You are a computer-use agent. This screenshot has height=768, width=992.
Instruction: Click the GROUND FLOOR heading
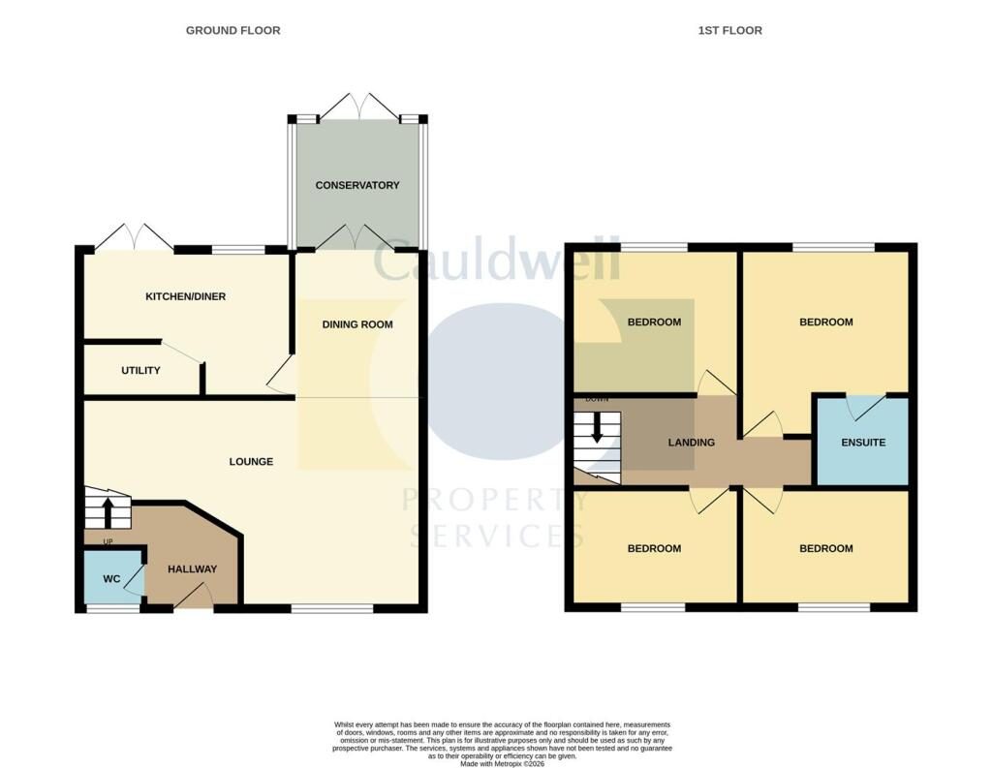point(232,30)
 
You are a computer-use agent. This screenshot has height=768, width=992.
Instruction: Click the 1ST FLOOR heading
point(730,30)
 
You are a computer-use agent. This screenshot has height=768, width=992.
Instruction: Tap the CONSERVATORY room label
point(357,185)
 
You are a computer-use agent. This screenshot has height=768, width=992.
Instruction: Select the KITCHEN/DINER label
point(185,296)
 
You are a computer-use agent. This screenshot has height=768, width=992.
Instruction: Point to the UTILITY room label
point(140,371)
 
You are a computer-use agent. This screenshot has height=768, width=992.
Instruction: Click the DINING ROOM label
point(357,324)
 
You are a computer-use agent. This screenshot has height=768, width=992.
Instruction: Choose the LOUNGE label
point(251,462)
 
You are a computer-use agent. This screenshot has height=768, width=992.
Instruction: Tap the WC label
point(111,579)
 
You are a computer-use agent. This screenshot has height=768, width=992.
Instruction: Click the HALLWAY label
point(193,569)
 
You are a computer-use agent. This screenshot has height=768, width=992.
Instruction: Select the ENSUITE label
point(863,443)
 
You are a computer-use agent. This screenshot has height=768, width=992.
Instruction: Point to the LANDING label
point(692,443)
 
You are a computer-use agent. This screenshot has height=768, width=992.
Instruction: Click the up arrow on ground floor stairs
point(108,512)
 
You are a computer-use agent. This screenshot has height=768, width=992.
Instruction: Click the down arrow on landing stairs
point(597,428)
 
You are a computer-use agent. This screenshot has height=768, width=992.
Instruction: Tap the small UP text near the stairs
point(108,542)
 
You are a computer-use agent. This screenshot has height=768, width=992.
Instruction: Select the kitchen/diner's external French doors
point(134,236)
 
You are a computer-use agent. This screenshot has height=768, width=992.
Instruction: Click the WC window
point(113,608)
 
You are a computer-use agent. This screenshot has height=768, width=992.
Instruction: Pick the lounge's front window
point(332,608)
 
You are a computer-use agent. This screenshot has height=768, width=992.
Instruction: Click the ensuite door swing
point(866,408)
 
